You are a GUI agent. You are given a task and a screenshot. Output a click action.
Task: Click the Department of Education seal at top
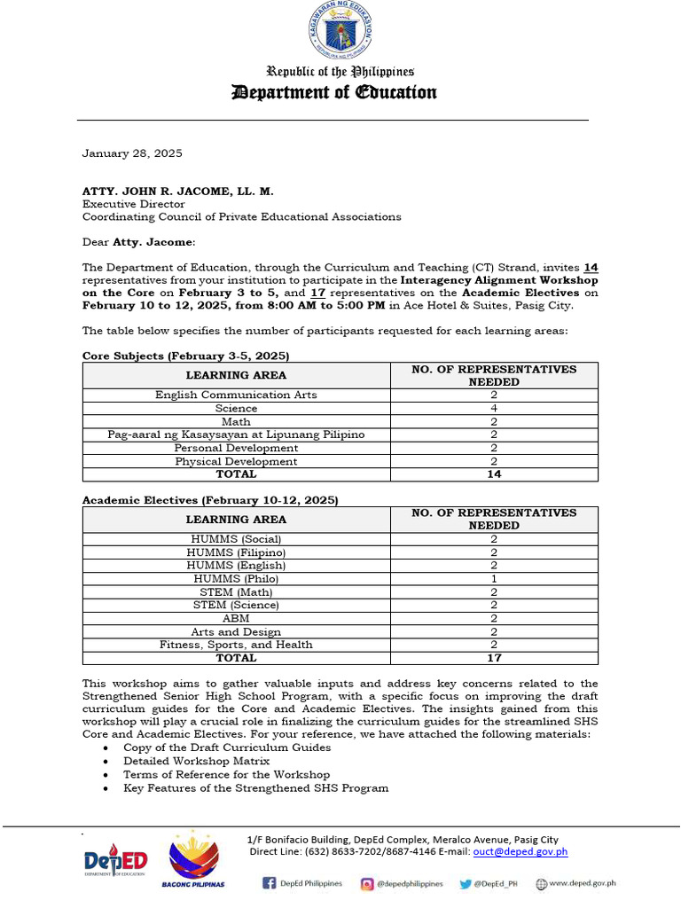point(340,33)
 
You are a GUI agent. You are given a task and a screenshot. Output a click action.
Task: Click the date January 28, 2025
point(132,153)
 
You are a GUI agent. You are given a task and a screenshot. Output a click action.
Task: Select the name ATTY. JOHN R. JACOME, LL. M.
point(178,191)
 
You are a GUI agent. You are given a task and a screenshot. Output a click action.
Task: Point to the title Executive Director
point(134,204)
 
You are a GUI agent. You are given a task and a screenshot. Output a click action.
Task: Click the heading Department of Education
point(333,92)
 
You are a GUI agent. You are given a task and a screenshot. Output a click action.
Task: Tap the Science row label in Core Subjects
point(236,408)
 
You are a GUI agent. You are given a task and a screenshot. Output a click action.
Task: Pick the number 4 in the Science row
point(494,408)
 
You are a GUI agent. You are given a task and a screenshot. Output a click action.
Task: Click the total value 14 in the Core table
point(494,474)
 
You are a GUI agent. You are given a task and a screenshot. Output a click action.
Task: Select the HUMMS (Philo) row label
point(236,578)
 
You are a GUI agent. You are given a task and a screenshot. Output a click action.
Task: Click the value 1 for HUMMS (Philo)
point(494,578)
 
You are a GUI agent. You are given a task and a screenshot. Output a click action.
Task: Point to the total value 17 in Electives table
point(494,658)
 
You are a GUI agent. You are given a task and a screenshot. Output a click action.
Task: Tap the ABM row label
point(236,618)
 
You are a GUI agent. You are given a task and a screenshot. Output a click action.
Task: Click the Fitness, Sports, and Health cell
point(236,645)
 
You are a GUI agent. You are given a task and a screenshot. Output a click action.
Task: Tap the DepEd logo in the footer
point(115,861)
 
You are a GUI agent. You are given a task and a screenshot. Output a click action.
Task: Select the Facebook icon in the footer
point(269,883)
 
